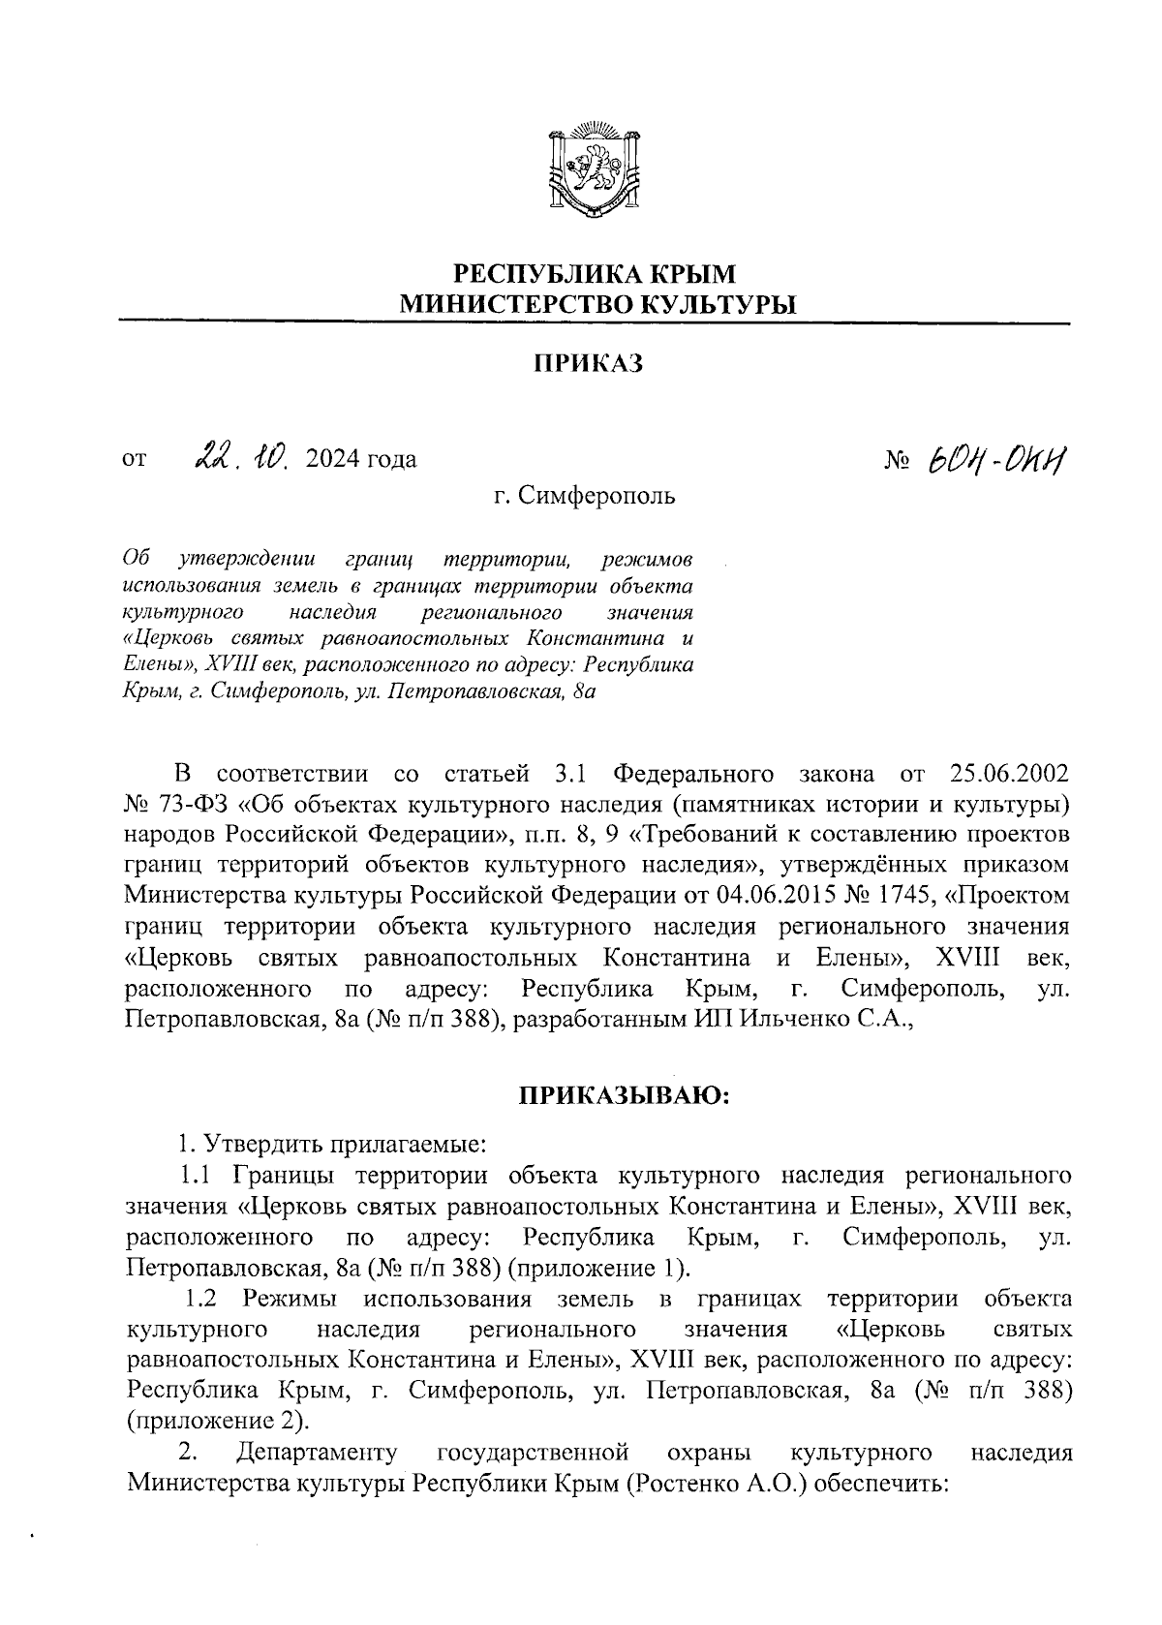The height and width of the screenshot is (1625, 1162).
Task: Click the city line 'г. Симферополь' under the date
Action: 584,497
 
